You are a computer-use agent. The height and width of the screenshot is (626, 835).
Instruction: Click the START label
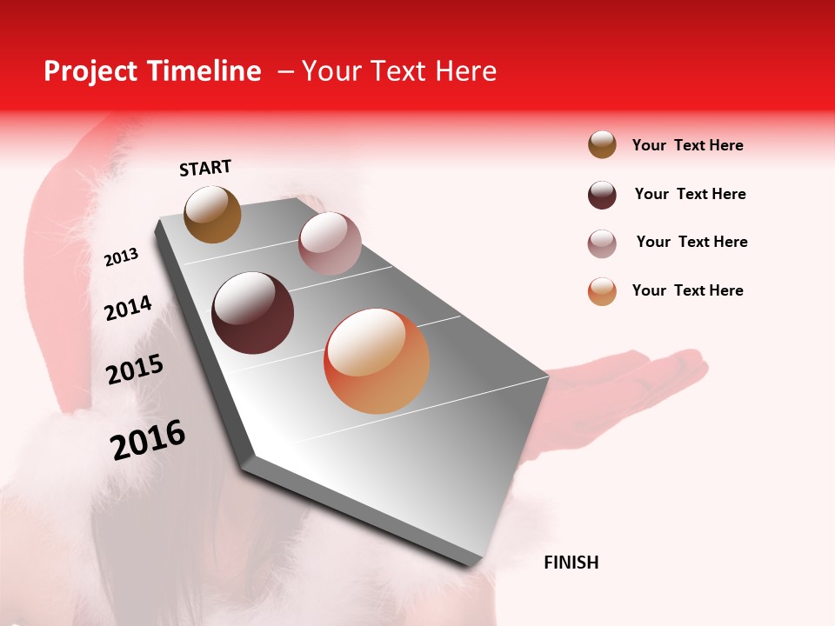(205, 167)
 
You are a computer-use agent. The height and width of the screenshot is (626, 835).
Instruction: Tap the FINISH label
(571, 563)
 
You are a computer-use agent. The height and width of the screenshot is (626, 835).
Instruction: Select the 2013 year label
(121, 257)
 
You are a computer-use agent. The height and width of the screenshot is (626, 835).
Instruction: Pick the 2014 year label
(128, 308)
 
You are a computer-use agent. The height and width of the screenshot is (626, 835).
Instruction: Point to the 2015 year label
(135, 370)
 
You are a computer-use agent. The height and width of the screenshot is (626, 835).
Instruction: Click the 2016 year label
(148, 439)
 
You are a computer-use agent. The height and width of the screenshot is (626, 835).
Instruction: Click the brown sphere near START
(212, 214)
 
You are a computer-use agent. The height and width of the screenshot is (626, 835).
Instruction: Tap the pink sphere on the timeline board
(329, 243)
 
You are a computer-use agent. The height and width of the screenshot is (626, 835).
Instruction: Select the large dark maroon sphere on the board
(252, 313)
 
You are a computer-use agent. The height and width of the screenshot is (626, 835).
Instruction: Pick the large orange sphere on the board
(377, 361)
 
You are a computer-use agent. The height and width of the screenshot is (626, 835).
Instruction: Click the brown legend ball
(602, 145)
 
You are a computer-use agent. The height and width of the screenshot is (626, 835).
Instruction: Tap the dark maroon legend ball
(602, 194)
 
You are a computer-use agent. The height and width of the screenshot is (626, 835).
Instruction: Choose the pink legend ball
(602, 243)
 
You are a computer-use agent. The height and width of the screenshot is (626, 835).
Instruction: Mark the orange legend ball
(602, 291)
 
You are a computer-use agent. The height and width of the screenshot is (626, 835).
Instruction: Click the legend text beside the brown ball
(687, 145)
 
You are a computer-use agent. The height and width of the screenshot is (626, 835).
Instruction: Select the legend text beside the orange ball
(687, 290)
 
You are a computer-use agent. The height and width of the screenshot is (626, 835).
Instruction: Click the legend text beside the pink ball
(691, 242)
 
